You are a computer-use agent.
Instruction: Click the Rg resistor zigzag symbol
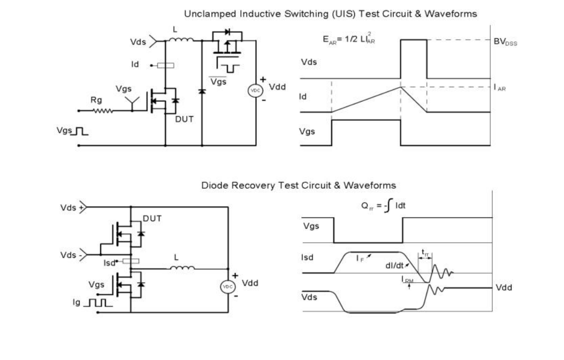pyautogui.click(x=103, y=111)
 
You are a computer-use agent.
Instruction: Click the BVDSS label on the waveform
pyautogui.click(x=505, y=40)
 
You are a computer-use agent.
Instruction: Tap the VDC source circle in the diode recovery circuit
pyautogui.click(x=228, y=287)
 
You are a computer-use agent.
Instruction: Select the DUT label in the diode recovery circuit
pyautogui.click(x=151, y=219)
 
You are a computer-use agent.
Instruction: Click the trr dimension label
pyautogui.click(x=425, y=251)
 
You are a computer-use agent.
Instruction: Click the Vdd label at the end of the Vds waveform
pyautogui.click(x=505, y=287)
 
